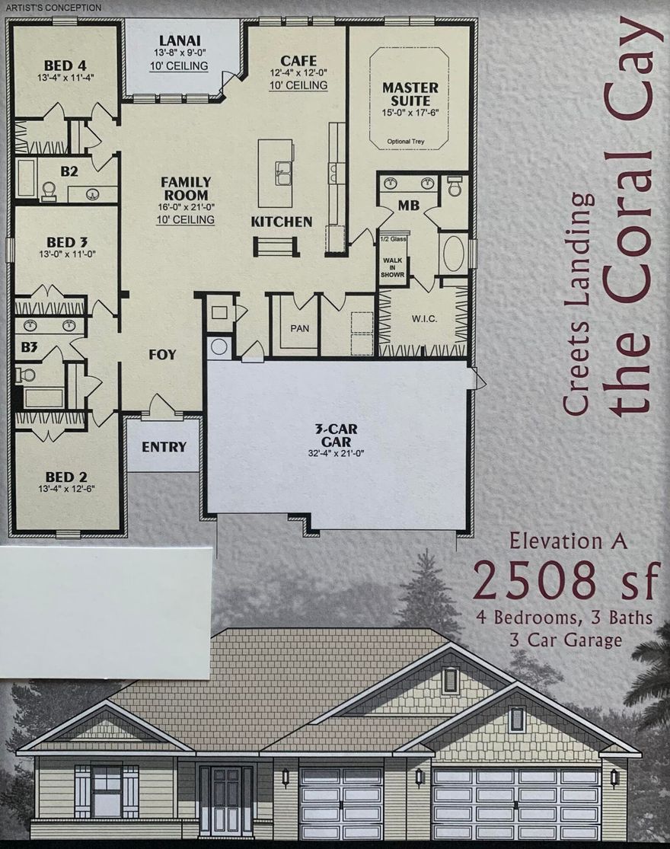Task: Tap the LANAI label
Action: pos(180,40)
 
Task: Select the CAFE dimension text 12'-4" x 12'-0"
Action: pos(298,73)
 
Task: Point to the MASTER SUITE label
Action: pos(411,94)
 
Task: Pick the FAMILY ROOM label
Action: pos(186,188)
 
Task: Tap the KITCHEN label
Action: pos(282,222)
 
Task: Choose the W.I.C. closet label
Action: pos(423,318)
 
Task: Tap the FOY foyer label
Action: pos(161,354)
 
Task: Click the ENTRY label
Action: pos(164,446)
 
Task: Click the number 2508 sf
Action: pos(564,581)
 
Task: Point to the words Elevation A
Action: pos(568,541)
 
